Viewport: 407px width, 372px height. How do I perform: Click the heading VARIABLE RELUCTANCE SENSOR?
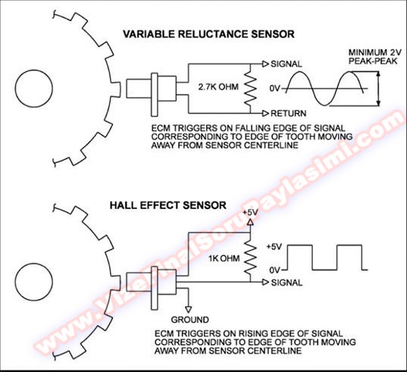pos(208,34)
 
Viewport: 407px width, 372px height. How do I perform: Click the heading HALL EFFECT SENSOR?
pos(168,205)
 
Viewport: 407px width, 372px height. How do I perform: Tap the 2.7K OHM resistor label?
pos(218,86)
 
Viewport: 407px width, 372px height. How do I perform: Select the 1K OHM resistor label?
pos(224,258)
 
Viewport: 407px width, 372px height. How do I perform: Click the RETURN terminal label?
pos(288,114)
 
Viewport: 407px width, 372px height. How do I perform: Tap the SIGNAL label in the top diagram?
pos(286,64)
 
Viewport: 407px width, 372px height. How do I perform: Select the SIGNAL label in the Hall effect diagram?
pos(286,283)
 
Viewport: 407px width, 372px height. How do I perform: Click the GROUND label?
pos(189,320)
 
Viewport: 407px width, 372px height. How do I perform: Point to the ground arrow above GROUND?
pos(189,309)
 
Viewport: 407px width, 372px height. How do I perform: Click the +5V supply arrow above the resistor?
pos(250,222)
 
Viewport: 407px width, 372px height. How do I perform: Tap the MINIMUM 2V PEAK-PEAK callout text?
pos(374,57)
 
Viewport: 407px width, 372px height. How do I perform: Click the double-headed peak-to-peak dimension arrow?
pos(378,89)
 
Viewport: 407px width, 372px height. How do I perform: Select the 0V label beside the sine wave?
pos(275,89)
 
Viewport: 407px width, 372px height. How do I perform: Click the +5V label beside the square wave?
pos(274,246)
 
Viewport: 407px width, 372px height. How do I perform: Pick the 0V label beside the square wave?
pos(275,270)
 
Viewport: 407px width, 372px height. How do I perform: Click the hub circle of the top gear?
pos(34,89)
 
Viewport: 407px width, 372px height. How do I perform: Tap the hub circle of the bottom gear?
pos(34,282)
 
